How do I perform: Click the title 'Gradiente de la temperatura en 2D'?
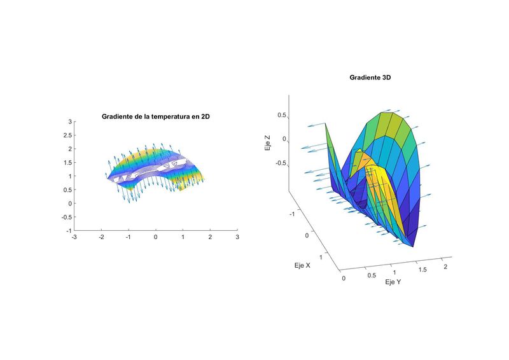156,116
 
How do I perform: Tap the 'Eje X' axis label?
302,265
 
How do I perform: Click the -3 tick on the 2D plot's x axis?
74,237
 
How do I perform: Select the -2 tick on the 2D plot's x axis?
101,237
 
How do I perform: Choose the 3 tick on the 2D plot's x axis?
237,237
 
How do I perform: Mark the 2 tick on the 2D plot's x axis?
210,237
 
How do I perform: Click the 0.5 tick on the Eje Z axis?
281,116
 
